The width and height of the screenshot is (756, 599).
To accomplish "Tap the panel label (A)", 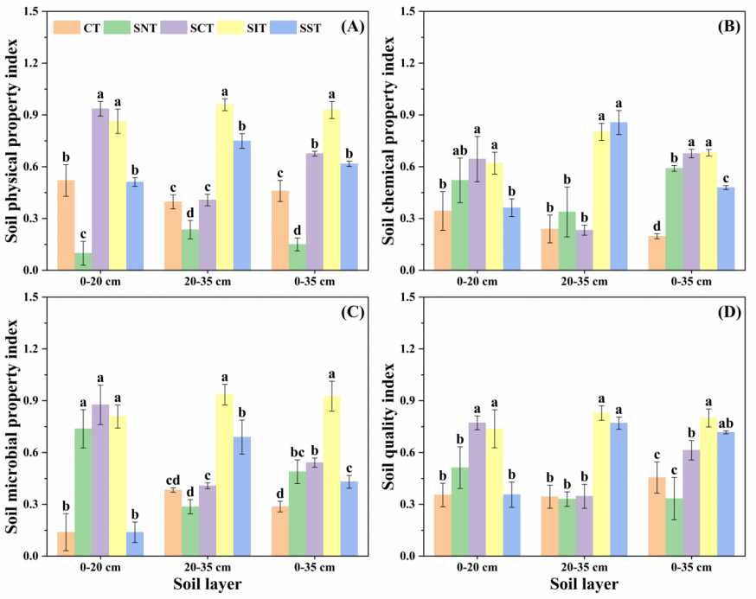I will (x=352, y=27).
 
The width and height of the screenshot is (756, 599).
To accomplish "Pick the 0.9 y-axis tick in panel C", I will (x=35, y=401).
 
